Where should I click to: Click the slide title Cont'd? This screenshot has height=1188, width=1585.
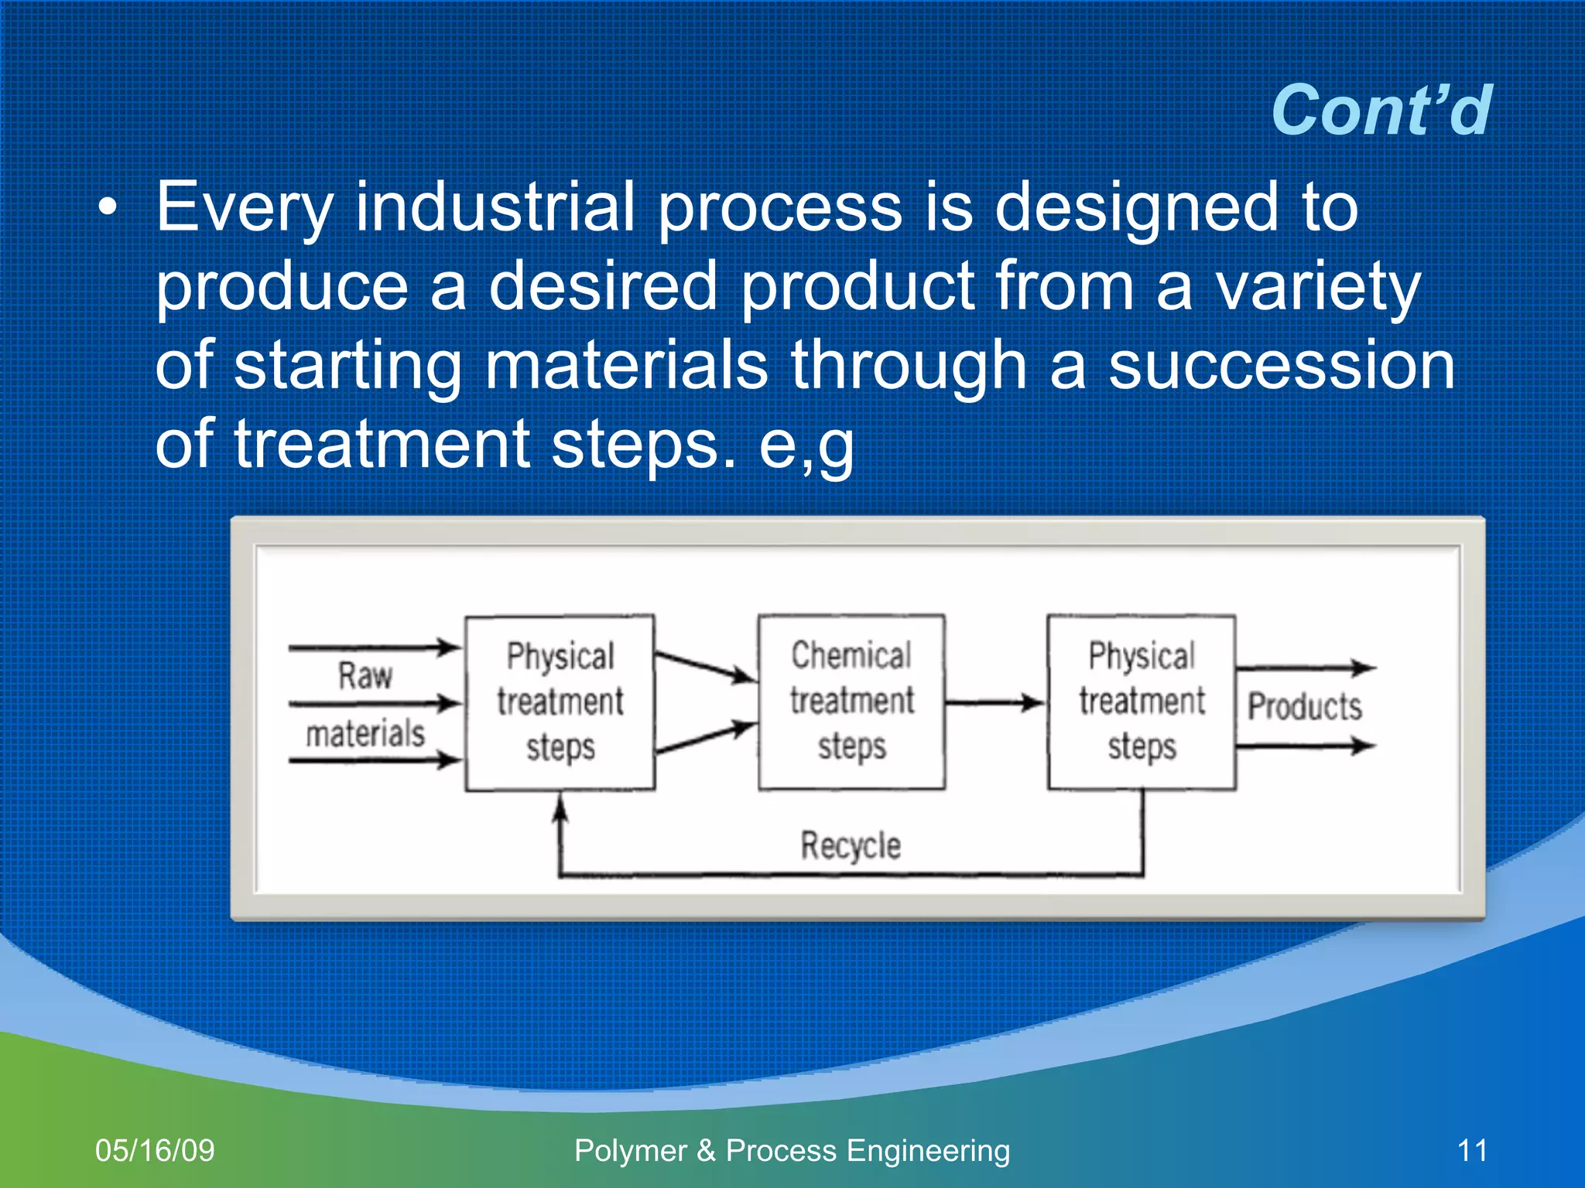(x=1381, y=111)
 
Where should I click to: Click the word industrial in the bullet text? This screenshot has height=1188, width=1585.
(x=495, y=207)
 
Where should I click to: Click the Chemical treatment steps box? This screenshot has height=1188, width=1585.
(x=851, y=702)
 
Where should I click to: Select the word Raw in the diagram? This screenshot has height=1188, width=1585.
(x=365, y=675)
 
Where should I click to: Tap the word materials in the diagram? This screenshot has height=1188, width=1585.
(x=365, y=733)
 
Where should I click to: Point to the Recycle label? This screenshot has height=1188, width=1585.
(x=851, y=845)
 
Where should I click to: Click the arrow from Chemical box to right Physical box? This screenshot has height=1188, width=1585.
(x=994, y=703)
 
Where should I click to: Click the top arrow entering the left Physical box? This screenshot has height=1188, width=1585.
(x=375, y=647)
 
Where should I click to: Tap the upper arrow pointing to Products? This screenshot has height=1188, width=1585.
(x=1305, y=667)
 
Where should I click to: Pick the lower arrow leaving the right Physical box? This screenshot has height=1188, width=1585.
(x=1305, y=746)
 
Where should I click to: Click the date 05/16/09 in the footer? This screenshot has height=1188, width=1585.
(x=155, y=1150)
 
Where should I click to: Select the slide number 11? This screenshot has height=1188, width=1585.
(x=1472, y=1150)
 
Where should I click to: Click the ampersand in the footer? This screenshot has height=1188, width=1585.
(x=705, y=1151)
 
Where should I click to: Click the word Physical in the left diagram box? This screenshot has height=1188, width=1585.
(x=560, y=656)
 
